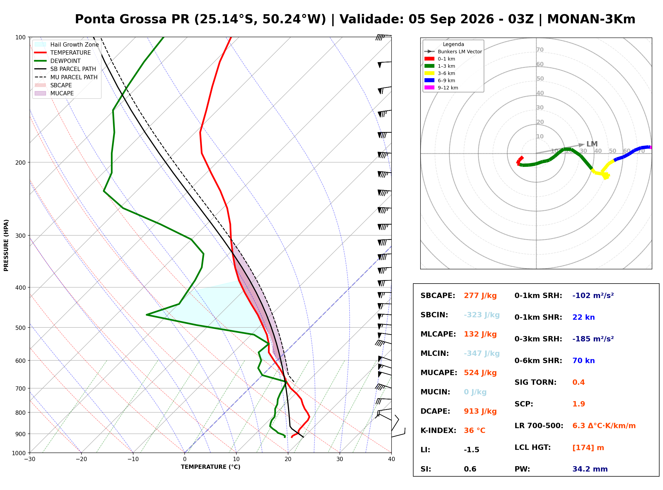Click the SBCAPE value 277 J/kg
[x=480, y=296]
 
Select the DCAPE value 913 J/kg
[x=480, y=411]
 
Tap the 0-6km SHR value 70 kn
[x=583, y=361]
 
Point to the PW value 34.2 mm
[x=590, y=469]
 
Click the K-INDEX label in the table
[x=438, y=431]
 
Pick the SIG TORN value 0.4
[x=578, y=382]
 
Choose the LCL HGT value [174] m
[x=588, y=448]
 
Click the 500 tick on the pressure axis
[x=20, y=328]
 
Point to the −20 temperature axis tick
[x=81, y=459]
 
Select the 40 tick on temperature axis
[x=392, y=459]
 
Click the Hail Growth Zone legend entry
[x=67, y=44]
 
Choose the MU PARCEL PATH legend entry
[x=66, y=77]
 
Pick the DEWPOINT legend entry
[x=58, y=61]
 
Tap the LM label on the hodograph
[x=592, y=144]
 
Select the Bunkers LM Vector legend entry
[x=453, y=52]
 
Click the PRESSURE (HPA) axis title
[x=6, y=245]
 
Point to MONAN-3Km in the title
[x=591, y=19]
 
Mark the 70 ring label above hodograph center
[x=540, y=50]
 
